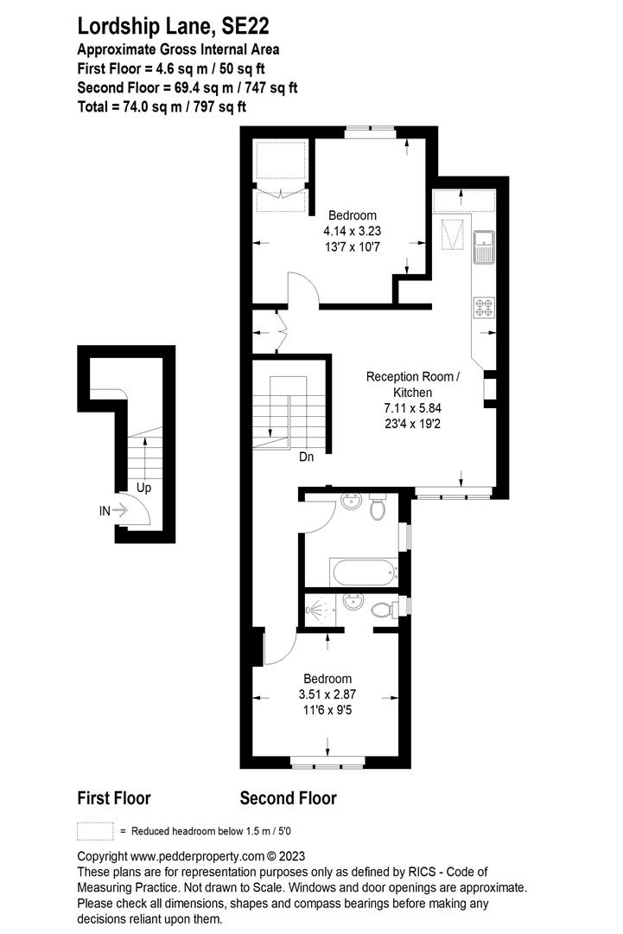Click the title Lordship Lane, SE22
pos(173,26)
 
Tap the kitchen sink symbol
pos(484,246)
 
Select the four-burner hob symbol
pos(484,307)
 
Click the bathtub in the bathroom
pos(365,573)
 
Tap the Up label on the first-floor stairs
pos(144,488)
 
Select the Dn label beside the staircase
pos(307,457)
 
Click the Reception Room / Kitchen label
pos(412,384)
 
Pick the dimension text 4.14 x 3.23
pos(353,231)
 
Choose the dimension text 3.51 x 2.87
pos(327,694)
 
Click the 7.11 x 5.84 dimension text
pos(412,408)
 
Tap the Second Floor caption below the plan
pos(288,798)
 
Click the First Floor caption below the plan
pos(114,798)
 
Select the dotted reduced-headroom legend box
pos(95,831)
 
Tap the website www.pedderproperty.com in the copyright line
pos(198,856)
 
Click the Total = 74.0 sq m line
pos(162,106)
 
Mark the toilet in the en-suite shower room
pos(383,609)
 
